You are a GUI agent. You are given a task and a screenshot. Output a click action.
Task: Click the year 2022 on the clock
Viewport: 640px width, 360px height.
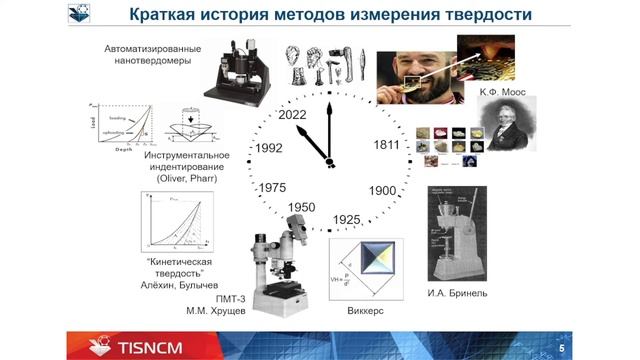click(293, 115)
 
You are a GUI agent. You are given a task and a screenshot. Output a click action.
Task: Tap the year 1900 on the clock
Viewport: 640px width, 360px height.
click(384, 190)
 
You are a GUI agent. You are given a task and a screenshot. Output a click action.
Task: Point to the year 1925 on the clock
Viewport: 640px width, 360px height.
click(347, 219)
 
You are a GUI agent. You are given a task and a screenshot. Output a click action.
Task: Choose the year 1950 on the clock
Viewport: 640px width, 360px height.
click(302, 207)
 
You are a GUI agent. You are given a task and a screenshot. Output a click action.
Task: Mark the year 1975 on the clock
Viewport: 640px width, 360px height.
click(273, 187)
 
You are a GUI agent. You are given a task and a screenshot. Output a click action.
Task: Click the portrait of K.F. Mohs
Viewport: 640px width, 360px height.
click(507, 126)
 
